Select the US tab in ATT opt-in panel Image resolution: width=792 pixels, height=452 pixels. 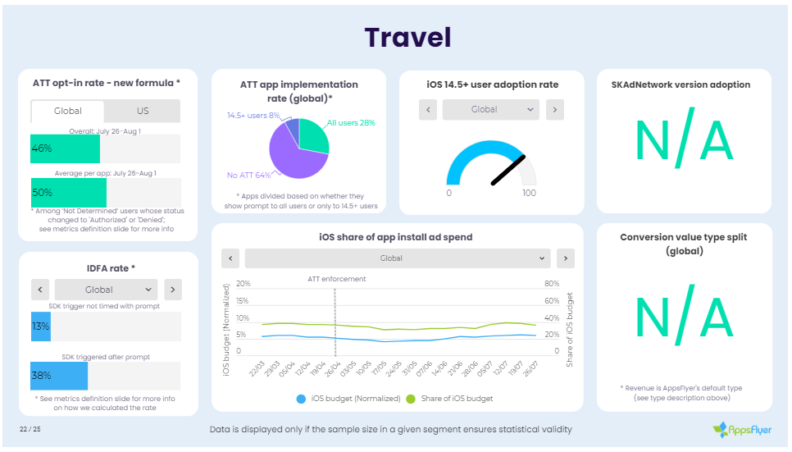click(143, 111)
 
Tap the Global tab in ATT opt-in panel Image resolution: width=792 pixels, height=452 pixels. click(68, 111)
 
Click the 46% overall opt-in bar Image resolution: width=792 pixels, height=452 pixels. click(65, 148)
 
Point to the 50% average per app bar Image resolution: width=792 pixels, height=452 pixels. click(68, 192)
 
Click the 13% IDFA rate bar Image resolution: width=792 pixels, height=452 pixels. click(41, 326)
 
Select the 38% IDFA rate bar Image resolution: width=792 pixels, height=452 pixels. click(59, 375)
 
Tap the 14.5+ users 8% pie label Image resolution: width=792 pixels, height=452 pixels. click(253, 116)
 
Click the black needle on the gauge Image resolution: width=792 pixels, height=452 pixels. click(508, 171)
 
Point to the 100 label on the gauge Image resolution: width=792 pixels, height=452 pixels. click(529, 194)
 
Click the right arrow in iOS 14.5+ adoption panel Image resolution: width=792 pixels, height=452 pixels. click(555, 109)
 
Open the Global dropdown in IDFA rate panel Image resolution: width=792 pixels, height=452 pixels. click(106, 290)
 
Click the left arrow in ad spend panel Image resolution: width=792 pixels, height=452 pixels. click(232, 258)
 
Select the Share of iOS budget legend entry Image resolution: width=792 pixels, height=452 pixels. click(451, 399)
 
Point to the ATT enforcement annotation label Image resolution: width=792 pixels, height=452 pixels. click(336, 279)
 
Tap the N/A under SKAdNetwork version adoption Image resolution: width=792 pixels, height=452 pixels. click(684, 141)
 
